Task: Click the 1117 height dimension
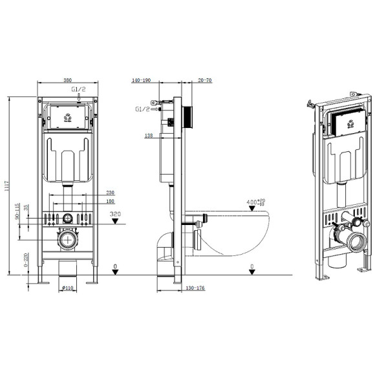(8, 187)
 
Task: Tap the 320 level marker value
(116, 213)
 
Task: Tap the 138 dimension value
(148, 136)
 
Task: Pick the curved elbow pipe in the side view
(163, 249)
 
